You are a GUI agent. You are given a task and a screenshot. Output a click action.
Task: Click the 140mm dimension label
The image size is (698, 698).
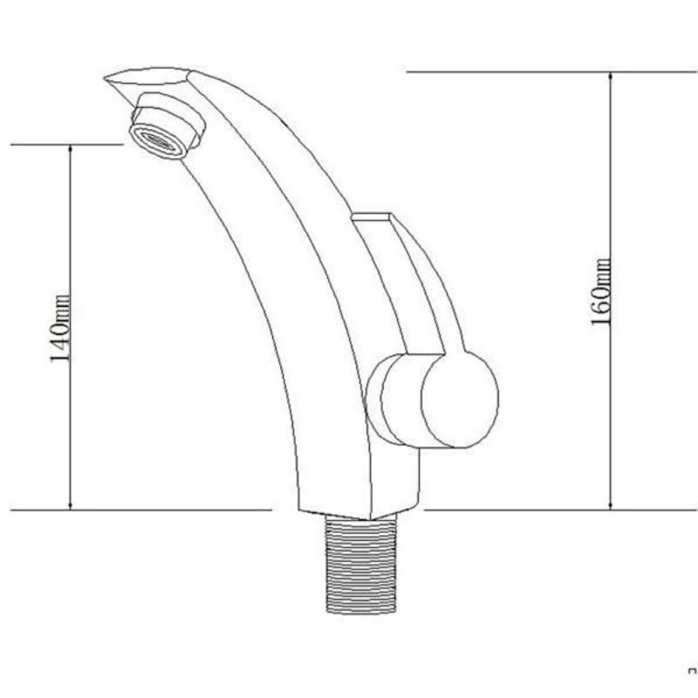[x=59, y=328]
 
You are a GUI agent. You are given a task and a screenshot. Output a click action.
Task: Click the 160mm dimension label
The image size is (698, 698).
[x=600, y=291]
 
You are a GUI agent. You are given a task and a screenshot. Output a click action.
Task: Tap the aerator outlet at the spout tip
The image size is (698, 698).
[x=158, y=141]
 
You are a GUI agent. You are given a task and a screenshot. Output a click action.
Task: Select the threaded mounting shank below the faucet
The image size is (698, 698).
[x=361, y=564]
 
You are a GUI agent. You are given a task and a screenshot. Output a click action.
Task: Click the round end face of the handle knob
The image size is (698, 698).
[x=460, y=399]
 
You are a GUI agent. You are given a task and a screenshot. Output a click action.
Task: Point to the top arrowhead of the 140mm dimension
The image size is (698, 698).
[x=71, y=149]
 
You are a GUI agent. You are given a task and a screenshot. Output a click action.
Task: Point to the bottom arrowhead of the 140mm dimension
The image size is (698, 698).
[x=71, y=505]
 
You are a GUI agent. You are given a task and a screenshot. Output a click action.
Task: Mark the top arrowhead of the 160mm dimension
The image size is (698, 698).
[x=611, y=77]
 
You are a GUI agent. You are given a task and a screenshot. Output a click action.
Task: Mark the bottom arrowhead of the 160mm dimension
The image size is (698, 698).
[x=611, y=505]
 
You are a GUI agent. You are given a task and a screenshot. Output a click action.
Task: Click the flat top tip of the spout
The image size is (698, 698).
[x=147, y=76]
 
